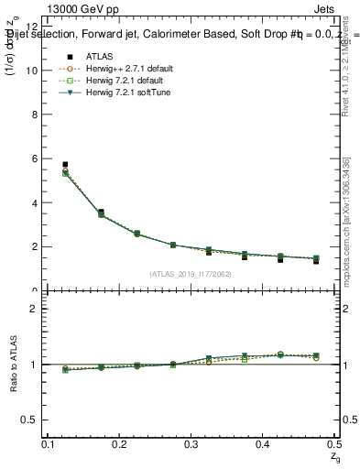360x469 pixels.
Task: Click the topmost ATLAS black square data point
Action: coord(64,165)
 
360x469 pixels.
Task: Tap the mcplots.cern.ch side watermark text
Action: coord(348,220)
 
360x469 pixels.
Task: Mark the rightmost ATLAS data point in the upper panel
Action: coord(316,261)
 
